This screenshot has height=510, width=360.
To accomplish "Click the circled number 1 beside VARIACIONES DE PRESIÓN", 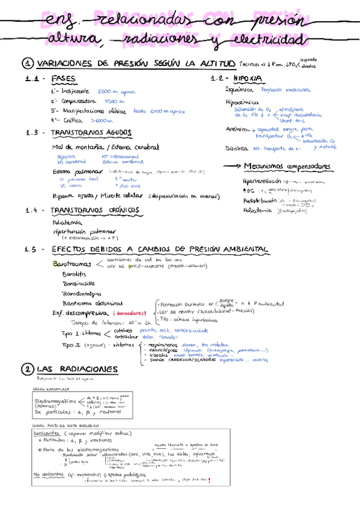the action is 28,63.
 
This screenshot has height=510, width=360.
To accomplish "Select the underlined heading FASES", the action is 64,79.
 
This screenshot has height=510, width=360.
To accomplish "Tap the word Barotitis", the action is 73,274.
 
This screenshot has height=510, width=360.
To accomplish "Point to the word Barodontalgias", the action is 81,293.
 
